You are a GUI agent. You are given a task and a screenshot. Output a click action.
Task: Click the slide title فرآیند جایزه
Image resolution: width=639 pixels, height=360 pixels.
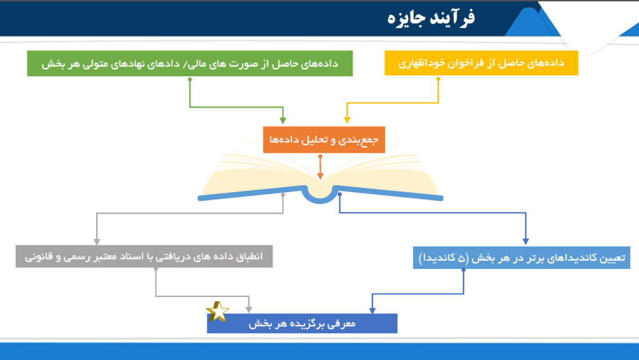coord(431,18)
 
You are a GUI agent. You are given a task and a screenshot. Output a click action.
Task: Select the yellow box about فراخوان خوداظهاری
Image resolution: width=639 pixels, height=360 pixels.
coord(481,63)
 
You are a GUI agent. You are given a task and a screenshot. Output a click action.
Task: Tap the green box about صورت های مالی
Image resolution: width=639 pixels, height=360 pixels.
coord(190,63)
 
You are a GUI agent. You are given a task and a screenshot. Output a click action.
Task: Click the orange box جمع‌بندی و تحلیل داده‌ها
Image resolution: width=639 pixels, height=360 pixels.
coord(324,140)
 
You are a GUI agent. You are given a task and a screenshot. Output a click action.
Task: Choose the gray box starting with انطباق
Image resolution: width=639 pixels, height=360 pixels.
coord(144,256)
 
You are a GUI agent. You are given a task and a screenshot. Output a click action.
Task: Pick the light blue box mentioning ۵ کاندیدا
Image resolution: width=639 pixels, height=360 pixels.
coord(522,258)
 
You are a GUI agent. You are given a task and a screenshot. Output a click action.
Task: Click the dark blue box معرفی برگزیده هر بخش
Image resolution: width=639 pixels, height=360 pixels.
coord(302,323)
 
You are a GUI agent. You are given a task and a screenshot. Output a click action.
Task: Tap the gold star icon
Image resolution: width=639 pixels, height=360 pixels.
coord(218,311)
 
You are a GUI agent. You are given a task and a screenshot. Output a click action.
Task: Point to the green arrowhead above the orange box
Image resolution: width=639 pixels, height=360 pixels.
coord(283,120)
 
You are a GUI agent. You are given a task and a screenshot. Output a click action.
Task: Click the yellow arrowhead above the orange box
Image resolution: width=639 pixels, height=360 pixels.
coord(347,120)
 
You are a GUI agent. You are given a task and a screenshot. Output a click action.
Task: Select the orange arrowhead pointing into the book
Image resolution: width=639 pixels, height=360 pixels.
coord(320,176)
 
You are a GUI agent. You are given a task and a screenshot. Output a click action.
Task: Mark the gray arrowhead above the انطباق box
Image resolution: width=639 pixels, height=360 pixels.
coord(97,242)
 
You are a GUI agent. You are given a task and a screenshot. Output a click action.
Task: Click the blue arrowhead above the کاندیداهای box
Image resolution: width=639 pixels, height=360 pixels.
coord(525,241)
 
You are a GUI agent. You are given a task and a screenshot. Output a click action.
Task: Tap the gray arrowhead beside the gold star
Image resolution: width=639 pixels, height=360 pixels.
coord(248,310)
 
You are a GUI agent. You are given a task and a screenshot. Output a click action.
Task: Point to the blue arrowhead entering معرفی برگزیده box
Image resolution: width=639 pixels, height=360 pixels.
coord(372,310)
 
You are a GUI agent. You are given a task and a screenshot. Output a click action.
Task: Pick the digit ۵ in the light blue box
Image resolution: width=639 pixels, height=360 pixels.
coord(461,258)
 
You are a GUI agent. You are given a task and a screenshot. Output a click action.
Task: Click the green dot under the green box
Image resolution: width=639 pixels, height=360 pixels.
coord(190,79)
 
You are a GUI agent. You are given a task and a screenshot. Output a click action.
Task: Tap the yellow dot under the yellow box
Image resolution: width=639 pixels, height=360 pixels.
coord(438,79)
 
